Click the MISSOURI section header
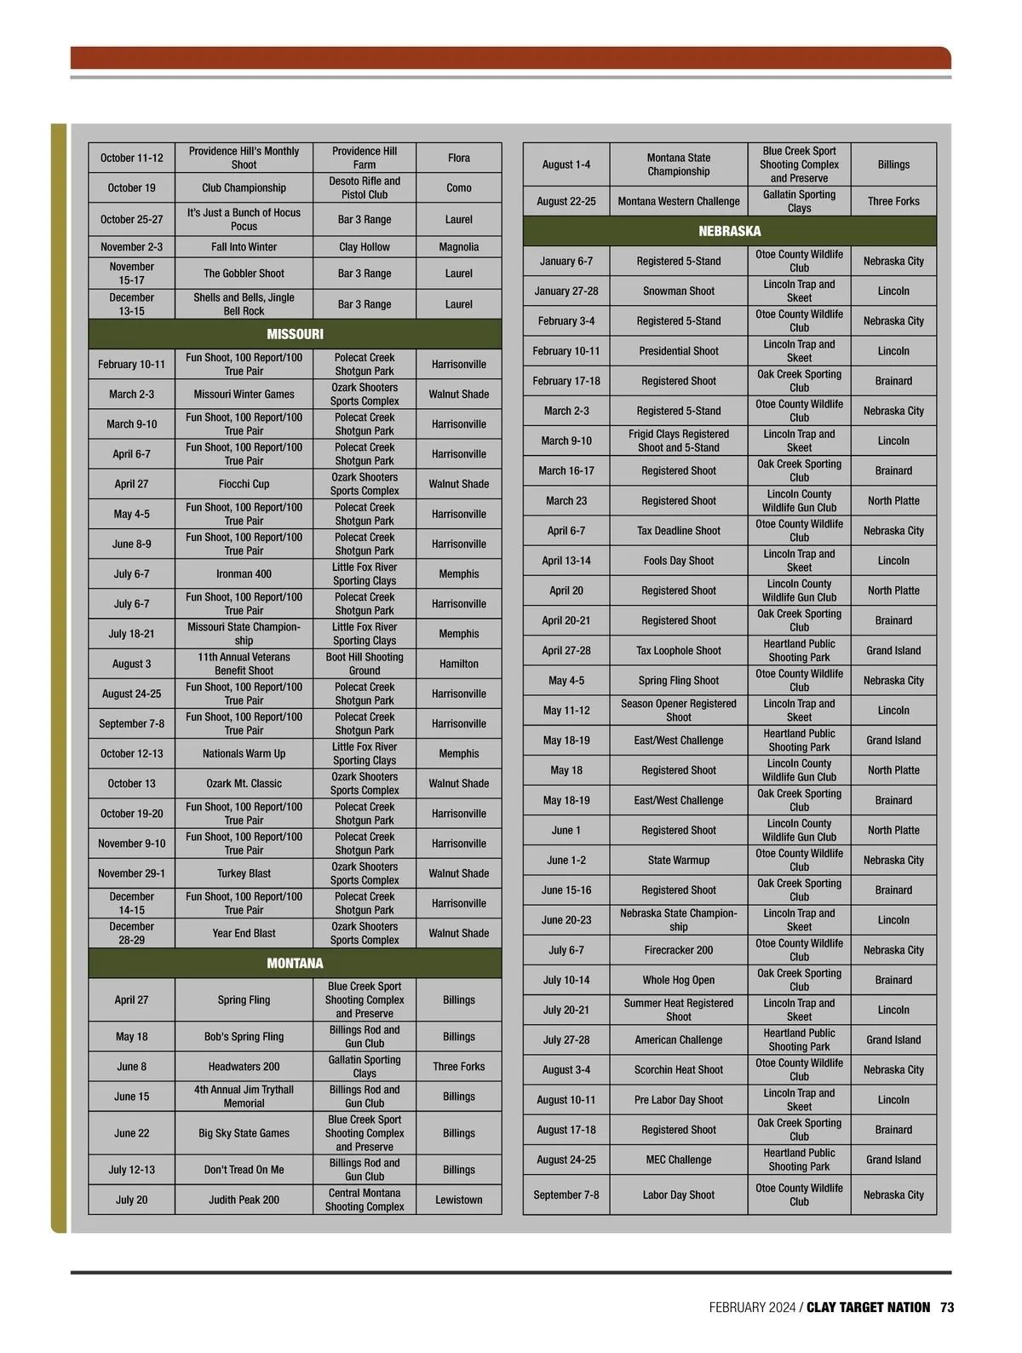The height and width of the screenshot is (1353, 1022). (295, 334)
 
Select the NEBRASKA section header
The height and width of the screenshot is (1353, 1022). (729, 231)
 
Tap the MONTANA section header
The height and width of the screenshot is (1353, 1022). (295, 963)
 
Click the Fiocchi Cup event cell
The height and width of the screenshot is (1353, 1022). (244, 484)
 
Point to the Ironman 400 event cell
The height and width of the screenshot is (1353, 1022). (244, 573)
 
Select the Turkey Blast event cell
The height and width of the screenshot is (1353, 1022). (244, 873)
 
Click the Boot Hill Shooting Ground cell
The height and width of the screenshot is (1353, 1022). (365, 664)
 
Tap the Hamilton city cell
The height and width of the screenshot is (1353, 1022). (458, 664)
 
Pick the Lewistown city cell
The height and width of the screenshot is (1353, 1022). (458, 1200)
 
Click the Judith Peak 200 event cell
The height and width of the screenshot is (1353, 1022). (244, 1200)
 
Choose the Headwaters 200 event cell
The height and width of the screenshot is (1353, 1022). (244, 1066)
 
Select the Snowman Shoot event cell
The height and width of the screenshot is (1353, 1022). (678, 291)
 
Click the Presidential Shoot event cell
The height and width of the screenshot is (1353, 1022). (678, 351)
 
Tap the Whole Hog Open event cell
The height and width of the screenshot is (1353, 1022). (678, 980)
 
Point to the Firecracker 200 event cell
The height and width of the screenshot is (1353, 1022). (678, 950)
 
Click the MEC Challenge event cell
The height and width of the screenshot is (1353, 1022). (678, 1160)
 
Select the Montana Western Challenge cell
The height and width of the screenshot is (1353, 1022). (678, 201)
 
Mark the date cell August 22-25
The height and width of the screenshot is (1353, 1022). (566, 201)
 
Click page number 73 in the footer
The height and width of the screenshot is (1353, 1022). (947, 1307)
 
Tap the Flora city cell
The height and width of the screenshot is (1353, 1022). (458, 158)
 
